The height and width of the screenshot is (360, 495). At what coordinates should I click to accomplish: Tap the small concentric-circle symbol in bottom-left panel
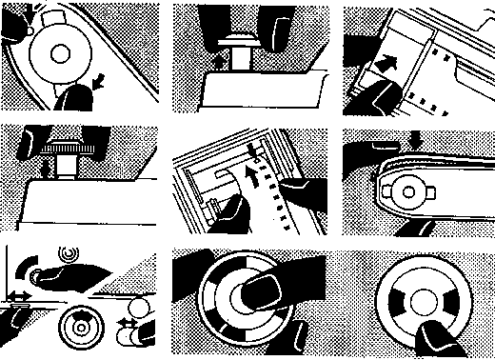(x=67, y=253)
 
